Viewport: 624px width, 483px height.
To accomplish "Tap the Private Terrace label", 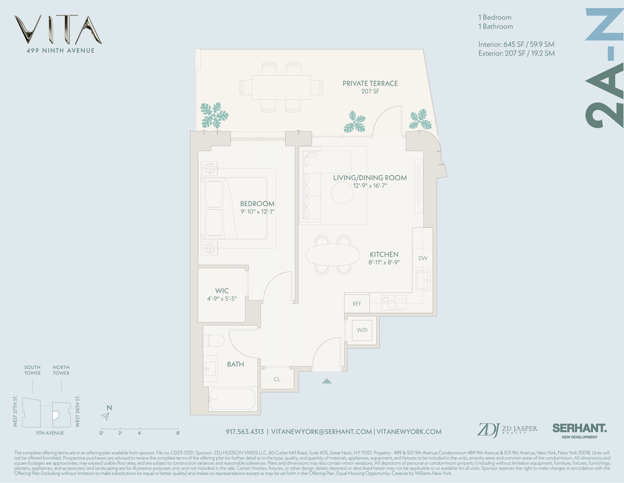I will tap(370, 84).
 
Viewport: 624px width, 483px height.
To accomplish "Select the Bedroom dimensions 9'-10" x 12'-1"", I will tap(257, 212).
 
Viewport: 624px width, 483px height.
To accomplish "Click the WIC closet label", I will tap(222, 291).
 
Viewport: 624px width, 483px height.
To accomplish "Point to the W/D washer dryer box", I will tap(362, 330).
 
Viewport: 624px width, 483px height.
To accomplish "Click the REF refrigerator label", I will tap(357, 304).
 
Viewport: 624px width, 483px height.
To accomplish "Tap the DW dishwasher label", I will tap(422, 258).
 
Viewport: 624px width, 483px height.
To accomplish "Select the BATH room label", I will tap(235, 365).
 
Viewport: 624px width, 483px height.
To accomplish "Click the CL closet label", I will tap(277, 379).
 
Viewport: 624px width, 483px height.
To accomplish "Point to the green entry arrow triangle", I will tap(326, 381).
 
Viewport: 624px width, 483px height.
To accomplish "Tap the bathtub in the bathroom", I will tap(232, 399).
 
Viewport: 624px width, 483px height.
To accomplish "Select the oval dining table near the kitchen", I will tap(333, 255).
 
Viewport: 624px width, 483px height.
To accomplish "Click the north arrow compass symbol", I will tap(106, 416).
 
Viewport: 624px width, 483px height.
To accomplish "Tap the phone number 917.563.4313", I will tap(244, 432).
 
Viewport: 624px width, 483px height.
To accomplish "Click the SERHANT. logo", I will tap(579, 428).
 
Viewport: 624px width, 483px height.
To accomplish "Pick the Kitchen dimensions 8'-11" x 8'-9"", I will tap(384, 263).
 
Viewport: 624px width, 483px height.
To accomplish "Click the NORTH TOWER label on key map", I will tap(61, 370).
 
